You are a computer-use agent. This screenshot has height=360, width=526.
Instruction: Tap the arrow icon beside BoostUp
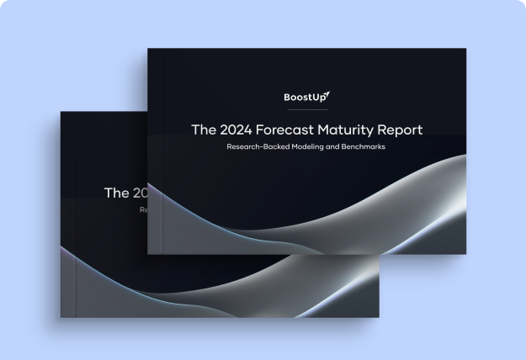[327, 95]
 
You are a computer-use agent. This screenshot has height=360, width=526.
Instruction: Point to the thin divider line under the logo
[307, 109]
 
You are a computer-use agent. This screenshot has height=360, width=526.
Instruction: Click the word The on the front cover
[204, 130]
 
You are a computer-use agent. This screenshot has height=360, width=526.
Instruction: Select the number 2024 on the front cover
[236, 130]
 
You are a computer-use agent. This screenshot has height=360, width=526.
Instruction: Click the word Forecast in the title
[284, 130]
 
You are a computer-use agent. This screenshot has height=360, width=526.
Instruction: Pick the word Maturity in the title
[346, 130]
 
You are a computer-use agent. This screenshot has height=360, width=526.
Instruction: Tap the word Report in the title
[400, 130]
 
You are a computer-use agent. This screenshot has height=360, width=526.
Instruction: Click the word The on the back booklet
[117, 193]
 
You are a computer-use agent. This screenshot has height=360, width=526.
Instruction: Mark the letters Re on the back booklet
[144, 209]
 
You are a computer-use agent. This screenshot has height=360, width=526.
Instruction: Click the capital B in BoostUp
[287, 98]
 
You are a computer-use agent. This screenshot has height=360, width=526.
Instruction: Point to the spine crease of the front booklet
[162, 151]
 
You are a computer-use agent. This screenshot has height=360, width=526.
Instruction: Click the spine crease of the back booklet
[75, 214]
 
